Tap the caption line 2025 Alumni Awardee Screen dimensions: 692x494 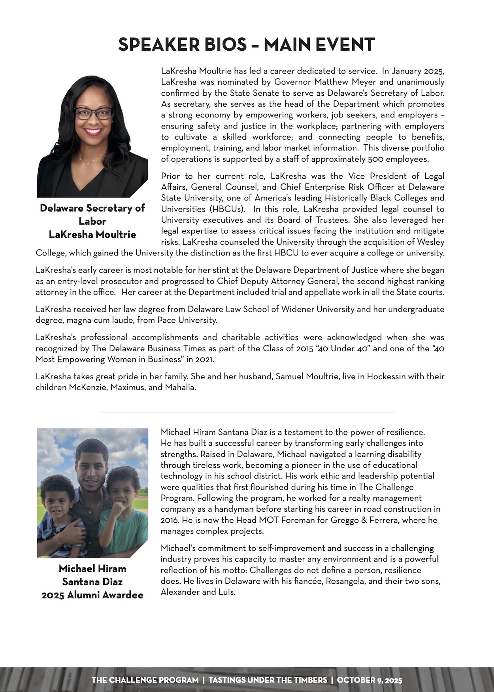[x=92, y=595]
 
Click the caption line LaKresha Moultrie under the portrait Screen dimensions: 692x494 [x=92, y=234]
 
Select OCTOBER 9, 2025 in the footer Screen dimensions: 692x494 [x=370, y=680]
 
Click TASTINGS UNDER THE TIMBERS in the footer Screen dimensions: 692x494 [x=268, y=680]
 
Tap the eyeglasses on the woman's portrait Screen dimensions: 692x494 [x=94, y=114]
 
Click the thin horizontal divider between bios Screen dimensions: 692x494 [x=247, y=412]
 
